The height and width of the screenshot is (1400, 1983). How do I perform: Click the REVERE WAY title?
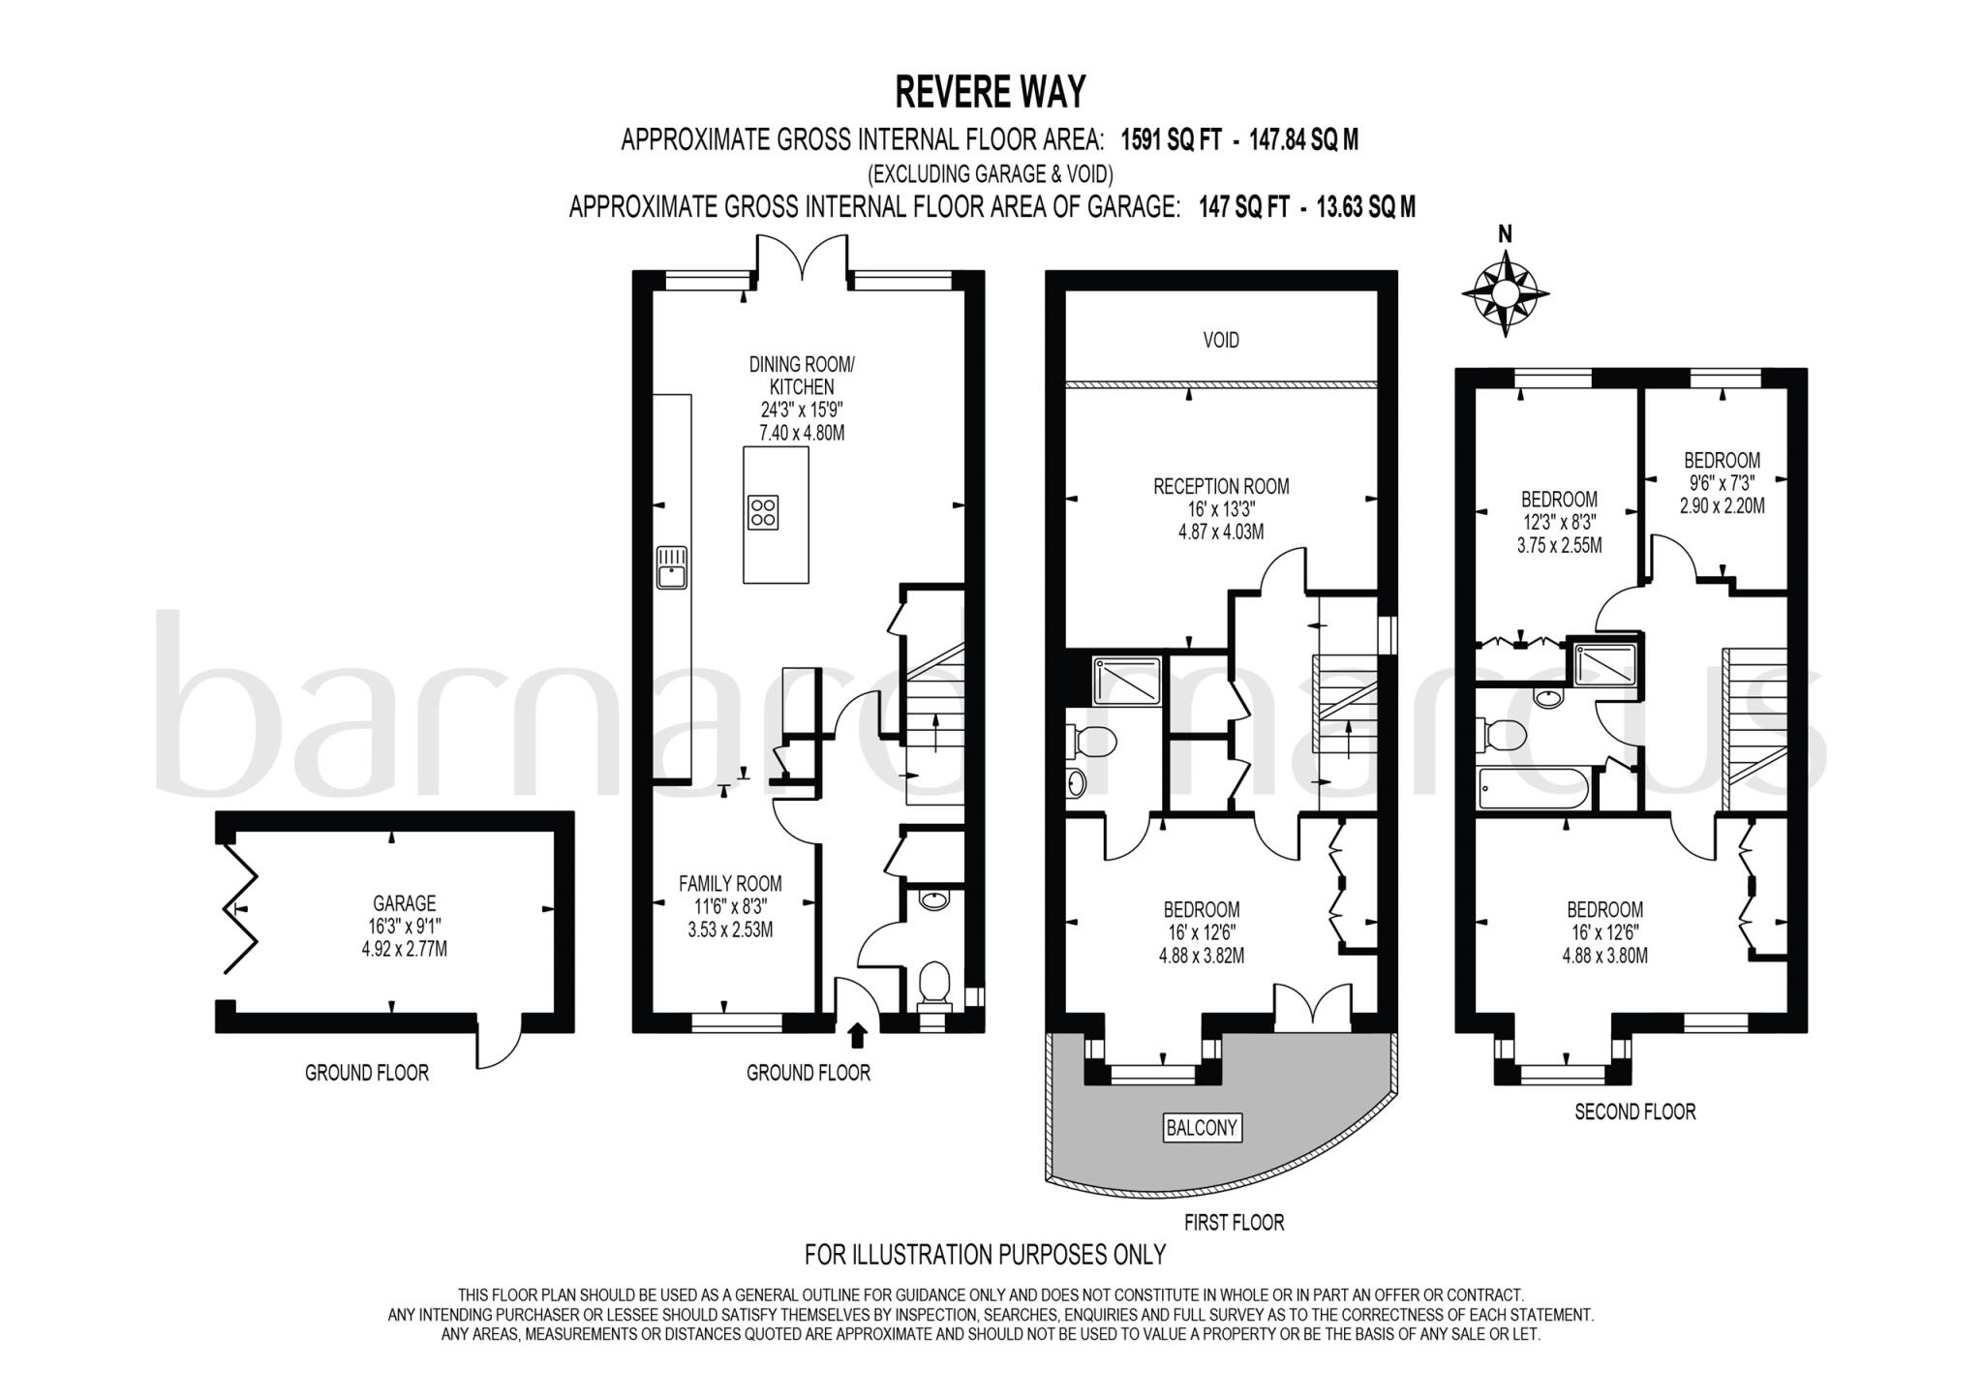click(990, 93)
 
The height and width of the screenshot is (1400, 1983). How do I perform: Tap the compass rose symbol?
click(1505, 293)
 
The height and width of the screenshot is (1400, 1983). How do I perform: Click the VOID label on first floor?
click(1220, 340)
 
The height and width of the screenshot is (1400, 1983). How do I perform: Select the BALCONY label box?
click(1202, 1127)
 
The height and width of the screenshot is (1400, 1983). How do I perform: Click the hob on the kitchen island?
click(763, 512)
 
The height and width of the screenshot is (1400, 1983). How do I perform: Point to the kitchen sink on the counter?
click(671, 567)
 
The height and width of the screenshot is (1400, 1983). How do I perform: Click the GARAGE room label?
click(404, 902)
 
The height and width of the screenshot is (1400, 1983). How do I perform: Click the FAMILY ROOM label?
click(729, 883)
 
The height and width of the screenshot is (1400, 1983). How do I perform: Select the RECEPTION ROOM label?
click(1220, 486)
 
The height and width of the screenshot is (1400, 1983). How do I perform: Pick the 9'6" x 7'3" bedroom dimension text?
click(1722, 483)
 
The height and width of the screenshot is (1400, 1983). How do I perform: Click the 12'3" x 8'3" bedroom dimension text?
click(1559, 523)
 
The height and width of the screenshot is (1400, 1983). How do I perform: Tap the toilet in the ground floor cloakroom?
click(933, 983)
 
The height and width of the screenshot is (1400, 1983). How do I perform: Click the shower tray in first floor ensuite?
click(1126, 681)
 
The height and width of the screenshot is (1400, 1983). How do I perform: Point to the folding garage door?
click(239, 908)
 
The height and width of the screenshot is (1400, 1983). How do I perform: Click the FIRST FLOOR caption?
click(1234, 1223)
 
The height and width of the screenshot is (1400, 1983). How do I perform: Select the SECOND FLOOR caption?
click(1634, 1111)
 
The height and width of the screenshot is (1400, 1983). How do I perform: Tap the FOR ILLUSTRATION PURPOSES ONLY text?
click(985, 1255)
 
